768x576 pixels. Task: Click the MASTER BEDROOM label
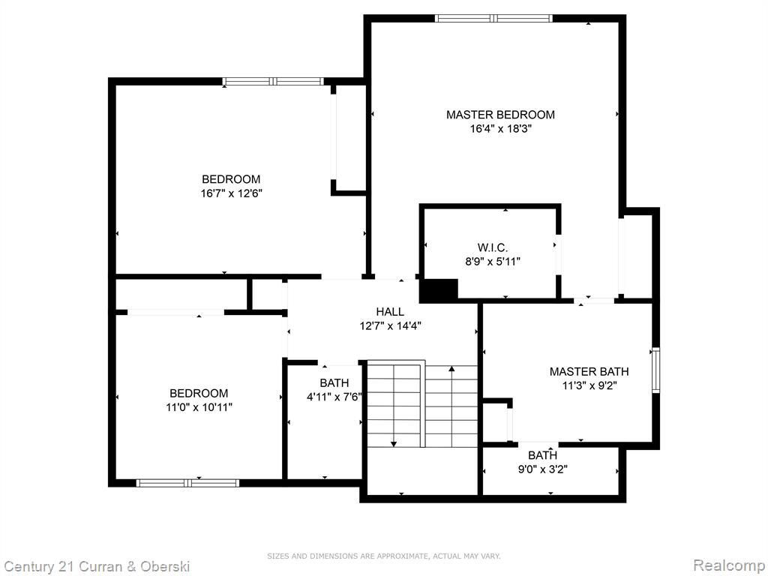(x=500, y=115)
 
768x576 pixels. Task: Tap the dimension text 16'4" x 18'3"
(x=500, y=129)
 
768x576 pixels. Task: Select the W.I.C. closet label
(x=492, y=247)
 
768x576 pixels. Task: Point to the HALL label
(x=390, y=311)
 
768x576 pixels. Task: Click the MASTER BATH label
(x=589, y=372)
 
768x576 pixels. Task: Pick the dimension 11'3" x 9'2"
(x=589, y=385)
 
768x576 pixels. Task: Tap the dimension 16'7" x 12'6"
(x=231, y=193)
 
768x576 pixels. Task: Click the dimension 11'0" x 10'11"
(x=199, y=407)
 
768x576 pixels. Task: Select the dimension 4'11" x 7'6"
(x=334, y=397)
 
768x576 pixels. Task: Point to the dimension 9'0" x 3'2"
(x=543, y=469)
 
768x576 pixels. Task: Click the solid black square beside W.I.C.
(x=438, y=290)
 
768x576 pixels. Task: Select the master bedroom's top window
(x=493, y=19)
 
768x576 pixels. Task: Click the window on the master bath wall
(x=655, y=370)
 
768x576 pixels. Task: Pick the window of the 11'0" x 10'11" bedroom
(x=187, y=483)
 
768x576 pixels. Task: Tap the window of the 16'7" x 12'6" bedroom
(x=273, y=81)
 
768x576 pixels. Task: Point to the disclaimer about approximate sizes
(x=384, y=556)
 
